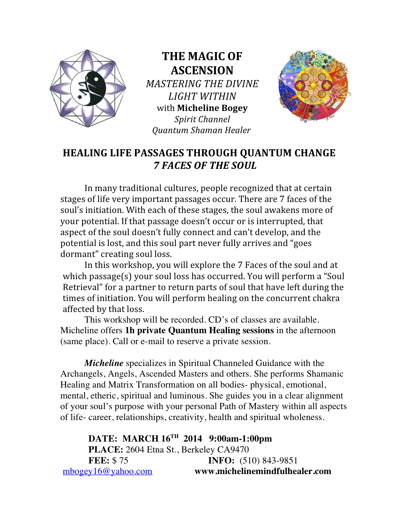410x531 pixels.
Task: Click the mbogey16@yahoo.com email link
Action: click(107, 471)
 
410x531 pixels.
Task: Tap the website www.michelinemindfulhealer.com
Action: click(263, 471)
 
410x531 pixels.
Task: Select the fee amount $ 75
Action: click(120, 461)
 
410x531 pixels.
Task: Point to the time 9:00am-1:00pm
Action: click(240, 439)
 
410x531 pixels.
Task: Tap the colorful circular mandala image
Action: click(314, 86)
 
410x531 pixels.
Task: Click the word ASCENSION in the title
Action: click(202, 70)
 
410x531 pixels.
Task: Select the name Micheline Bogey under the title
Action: click(212, 108)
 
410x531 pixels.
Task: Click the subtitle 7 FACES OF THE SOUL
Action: click(205, 166)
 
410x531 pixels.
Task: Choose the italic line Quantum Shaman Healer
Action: click(201, 130)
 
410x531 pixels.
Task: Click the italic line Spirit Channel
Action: click(202, 119)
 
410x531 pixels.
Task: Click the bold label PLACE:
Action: click(105, 450)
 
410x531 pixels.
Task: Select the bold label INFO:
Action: click(221, 461)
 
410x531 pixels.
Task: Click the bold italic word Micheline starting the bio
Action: click(104, 363)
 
